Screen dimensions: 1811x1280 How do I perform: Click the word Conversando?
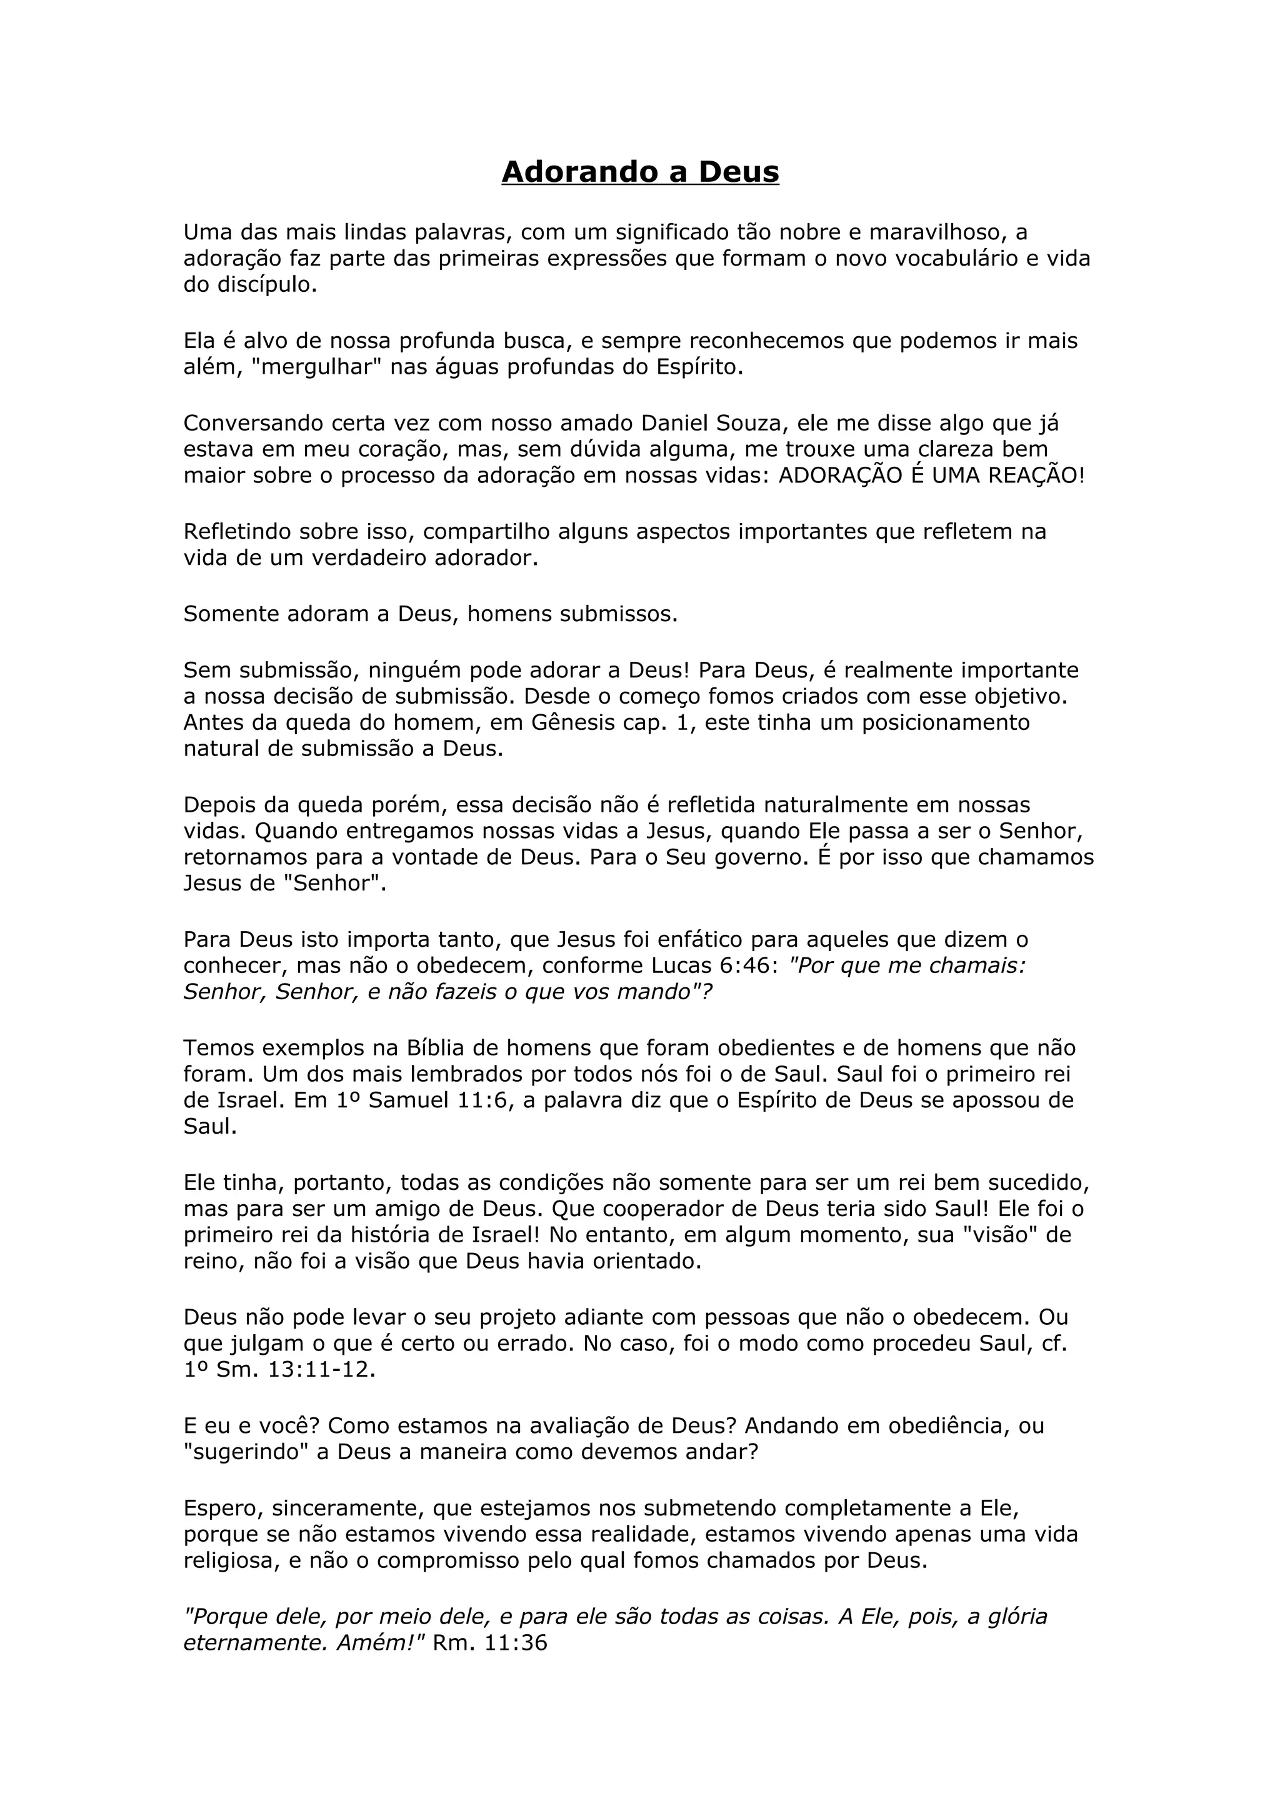[x=252, y=424]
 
